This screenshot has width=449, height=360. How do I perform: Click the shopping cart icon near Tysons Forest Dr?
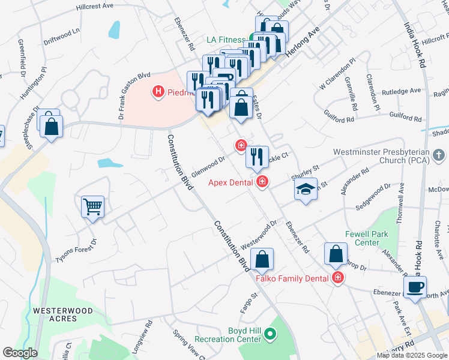[x=93, y=208]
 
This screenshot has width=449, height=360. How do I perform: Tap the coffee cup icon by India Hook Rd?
[x=415, y=286]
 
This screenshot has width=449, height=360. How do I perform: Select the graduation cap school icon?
[x=306, y=190]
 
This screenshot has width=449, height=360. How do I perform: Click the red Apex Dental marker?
[x=262, y=181]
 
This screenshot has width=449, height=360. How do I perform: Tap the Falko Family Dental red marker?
[x=338, y=278]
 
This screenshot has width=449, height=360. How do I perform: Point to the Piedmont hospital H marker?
[x=158, y=92]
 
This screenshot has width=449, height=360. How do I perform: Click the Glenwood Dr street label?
[x=208, y=164]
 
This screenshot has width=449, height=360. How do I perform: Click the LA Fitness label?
[x=226, y=40]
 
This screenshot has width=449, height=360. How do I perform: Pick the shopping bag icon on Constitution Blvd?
[x=262, y=259]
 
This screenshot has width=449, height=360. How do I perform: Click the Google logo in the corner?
[x=20, y=353]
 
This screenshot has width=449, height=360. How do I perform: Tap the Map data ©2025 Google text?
[x=411, y=355]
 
